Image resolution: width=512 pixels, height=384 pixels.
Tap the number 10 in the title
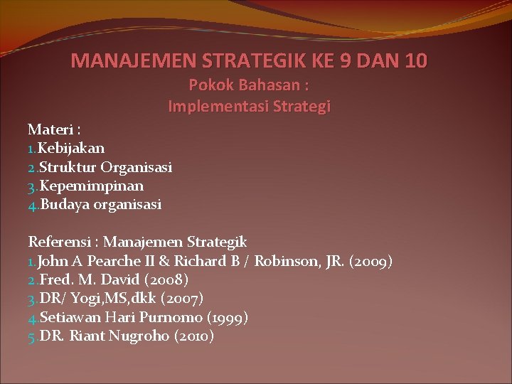point(415,61)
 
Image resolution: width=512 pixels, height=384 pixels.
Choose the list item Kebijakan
point(71,148)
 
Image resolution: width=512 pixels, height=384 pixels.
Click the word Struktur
point(68,167)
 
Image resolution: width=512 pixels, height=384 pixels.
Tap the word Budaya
point(64,205)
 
